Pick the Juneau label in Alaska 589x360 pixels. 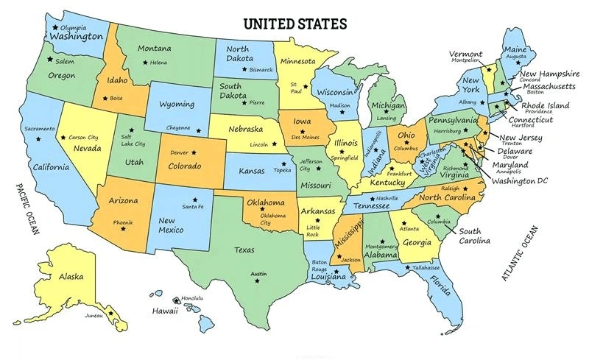[94, 315]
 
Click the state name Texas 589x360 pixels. [245, 250]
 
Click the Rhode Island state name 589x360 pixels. [546, 106]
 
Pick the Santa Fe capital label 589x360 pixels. [193, 207]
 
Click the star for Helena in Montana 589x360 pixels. [144, 63]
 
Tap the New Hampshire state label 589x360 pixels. [551, 74]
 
